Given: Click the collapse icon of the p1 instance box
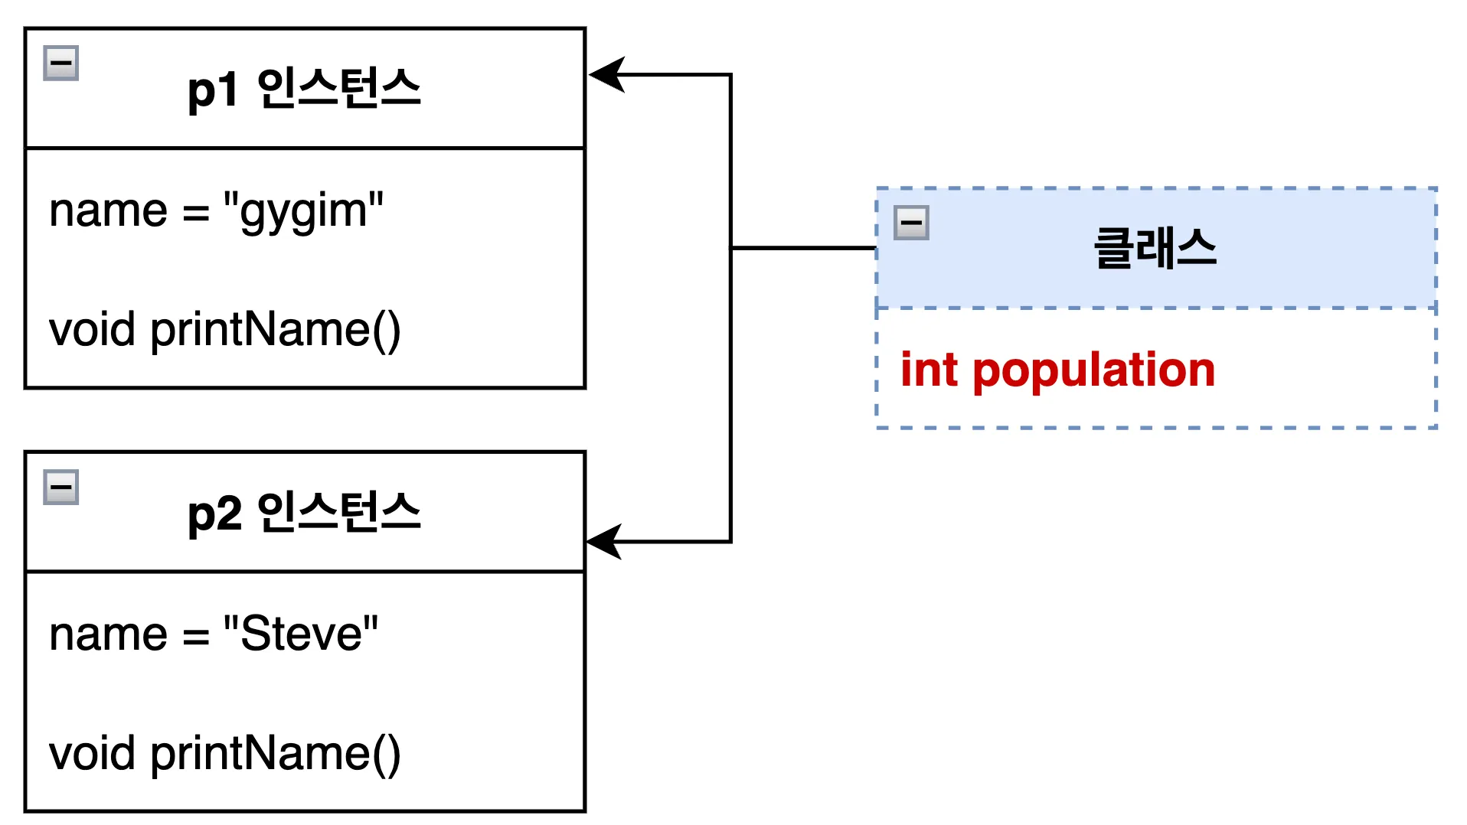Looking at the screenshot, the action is (61, 64).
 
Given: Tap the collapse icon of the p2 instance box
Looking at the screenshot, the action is (61, 487).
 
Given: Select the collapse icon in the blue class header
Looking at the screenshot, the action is (911, 223).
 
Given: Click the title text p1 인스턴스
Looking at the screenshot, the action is (304, 89).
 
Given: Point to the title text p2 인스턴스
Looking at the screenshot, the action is (304, 513).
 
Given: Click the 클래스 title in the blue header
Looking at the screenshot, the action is (1155, 249).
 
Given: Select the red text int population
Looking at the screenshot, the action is (1057, 370).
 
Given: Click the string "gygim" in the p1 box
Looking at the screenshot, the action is (303, 211).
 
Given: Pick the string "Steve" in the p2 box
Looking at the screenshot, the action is (301, 634).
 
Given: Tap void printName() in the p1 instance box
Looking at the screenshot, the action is (224, 330).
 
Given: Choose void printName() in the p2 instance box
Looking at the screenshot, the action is (224, 754).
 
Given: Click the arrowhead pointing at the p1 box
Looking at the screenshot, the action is (606, 75).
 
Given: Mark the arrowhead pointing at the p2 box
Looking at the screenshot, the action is (604, 542).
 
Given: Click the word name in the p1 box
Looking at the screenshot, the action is (108, 211).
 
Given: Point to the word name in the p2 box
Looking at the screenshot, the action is (108, 634).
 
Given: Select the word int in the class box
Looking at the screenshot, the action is (929, 370).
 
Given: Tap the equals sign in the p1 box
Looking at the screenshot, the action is (196, 214).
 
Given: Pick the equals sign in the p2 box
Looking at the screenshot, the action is (196, 637).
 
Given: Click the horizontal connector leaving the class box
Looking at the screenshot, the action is (804, 248).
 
